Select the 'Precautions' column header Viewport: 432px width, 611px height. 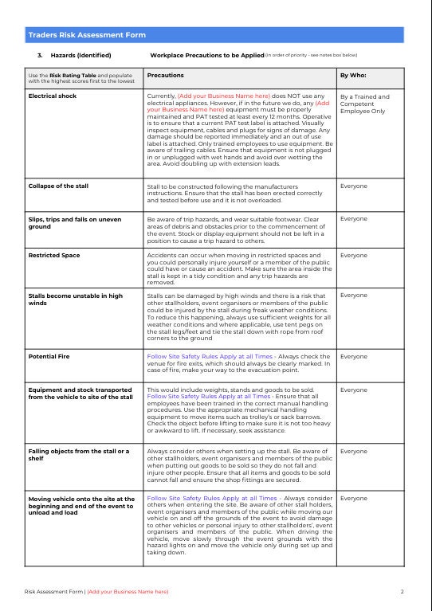[x=166, y=76]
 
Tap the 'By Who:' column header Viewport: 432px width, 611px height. [x=354, y=76]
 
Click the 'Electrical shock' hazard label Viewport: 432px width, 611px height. [x=53, y=96]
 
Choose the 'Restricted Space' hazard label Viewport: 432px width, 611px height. [x=54, y=256]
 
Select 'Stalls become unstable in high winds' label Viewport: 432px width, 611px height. [x=76, y=300]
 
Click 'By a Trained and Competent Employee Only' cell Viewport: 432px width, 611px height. [x=365, y=104]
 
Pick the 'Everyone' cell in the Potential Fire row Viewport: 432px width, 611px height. [x=354, y=356]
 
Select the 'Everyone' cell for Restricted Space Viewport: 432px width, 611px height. [x=354, y=256]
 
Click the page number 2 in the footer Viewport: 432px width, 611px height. [x=403, y=592]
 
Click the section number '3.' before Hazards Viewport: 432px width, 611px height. [x=40, y=56]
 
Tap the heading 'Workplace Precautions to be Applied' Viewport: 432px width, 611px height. [x=206, y=56]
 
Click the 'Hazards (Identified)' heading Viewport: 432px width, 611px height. [x=81, y=56]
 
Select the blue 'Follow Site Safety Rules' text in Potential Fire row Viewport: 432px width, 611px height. [x=208, y=356]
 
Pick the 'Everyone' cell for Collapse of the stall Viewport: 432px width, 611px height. [x=354, y=186]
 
